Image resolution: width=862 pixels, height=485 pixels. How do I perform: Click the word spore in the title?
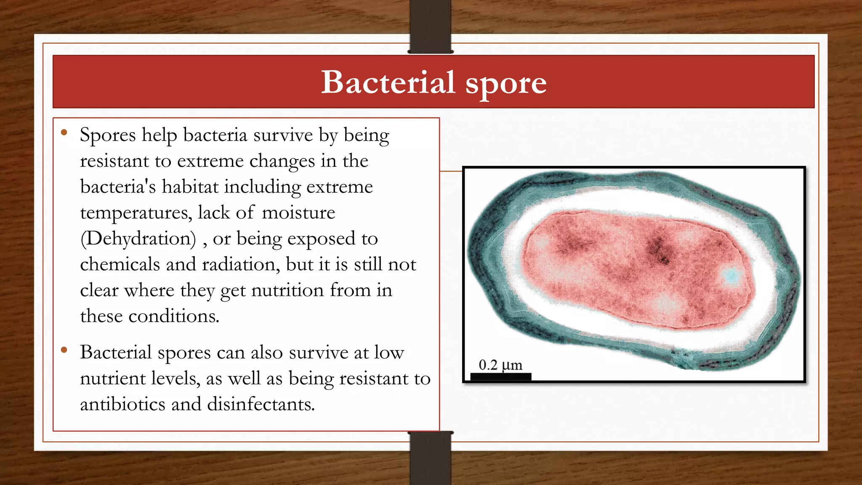click(x=506, y=83)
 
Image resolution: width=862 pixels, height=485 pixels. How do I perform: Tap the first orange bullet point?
click(x=64, y=133)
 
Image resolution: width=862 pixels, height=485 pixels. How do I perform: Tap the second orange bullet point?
click(x=64, y=350)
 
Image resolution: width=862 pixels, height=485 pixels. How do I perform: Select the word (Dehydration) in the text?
click(x=138, y=239)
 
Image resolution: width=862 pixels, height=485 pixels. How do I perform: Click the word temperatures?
click(x=136, y=213)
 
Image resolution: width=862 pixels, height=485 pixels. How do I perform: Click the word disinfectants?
click(x=261, y=404)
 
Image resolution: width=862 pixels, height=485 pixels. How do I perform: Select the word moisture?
click(x=298, y=213)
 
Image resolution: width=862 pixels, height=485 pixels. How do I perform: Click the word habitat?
click(x=190, y=187)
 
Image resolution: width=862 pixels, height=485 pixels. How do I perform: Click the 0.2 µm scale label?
click(x=500, y=365)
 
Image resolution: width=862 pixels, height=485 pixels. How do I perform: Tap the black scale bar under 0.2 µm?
click(x=500, y=376)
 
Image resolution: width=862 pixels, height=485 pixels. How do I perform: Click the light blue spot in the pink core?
click(x=732, y=276)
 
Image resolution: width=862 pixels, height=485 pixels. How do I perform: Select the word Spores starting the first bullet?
click(x=108, y=135)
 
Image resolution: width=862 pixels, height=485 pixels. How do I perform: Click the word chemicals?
click(x=120, y=264)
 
